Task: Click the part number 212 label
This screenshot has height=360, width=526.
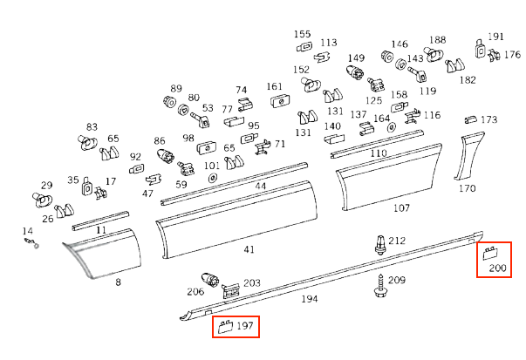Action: coord(397,241)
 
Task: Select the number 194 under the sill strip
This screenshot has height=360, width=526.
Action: coord(309,299)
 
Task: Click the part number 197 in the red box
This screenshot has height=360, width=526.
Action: coord(245,326)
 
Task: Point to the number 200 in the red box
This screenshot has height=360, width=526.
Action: coord(497,267)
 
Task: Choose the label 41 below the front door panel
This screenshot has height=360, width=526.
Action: coord(249,250)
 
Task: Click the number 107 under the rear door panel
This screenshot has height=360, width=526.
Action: coord(401,208)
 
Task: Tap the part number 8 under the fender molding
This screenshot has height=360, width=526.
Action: coord(118,282)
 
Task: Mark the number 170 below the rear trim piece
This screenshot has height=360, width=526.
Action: coord(467,187)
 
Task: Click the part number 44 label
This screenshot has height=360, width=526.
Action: coord(261,187)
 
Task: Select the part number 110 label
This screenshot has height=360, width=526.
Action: coord(378,153)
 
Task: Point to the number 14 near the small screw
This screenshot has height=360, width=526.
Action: coord(27,230)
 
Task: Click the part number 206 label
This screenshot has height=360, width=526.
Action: coord(195,292)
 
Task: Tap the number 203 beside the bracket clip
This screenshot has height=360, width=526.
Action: coord(252,282)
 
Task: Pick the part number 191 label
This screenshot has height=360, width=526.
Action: coord(495,37)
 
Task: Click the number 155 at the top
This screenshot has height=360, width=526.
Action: coord(302,33)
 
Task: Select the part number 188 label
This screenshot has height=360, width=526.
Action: coord(437,40)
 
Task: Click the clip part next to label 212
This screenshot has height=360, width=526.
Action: coord(379,243)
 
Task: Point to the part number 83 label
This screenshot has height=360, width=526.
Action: coord(92,127)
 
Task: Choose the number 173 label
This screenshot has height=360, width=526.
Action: coord(488,119)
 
